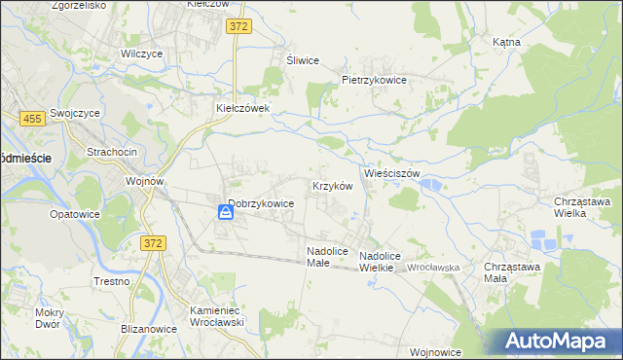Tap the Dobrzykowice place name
(261, 204)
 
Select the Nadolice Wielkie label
(388, 263)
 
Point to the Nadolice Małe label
(326, 256)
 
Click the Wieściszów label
(391, 173)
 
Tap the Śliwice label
(303, 60)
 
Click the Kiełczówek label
(249, 108)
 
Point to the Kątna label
(507, 43)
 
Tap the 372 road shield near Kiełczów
(239, 28)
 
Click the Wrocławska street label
(433, 267)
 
